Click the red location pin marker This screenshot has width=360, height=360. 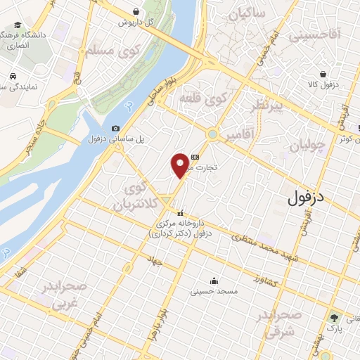click(x=180, y=165)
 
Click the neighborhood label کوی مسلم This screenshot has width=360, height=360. click(x=112, y=50)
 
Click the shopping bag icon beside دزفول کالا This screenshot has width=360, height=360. click(x=323, y=73)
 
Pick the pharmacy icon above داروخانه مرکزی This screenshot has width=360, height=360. click(x=181, y=213)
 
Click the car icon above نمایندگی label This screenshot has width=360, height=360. click(x=14, y=75)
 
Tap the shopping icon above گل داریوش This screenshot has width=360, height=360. click(x=136, y=11)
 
